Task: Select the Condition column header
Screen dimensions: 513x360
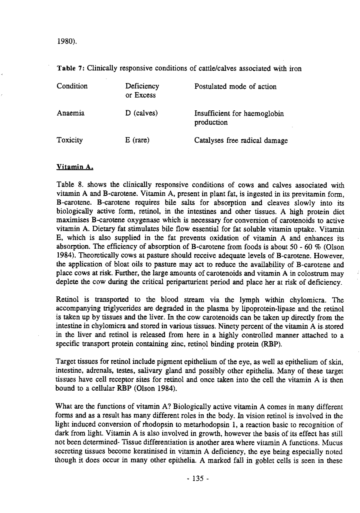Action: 72,86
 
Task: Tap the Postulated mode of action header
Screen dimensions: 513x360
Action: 235,86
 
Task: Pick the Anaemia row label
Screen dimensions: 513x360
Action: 71,114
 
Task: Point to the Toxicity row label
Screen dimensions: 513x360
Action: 70,140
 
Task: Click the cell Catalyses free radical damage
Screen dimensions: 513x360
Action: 241,140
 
